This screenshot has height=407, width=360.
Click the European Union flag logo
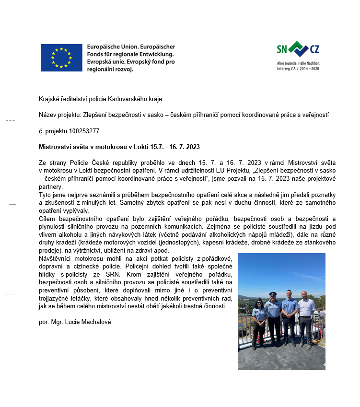point(61,58)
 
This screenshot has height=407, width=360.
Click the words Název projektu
point(60,115)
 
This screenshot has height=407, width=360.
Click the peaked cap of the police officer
point(272,294)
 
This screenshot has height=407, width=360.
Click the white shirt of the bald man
point(305,309)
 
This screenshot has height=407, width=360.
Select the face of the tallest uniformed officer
point(289,294)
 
